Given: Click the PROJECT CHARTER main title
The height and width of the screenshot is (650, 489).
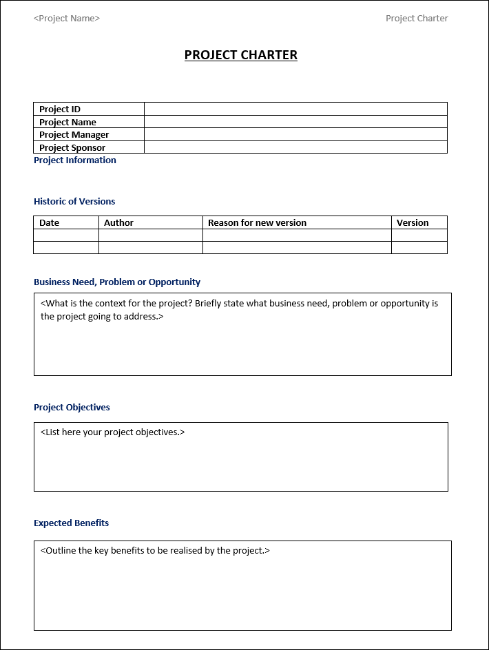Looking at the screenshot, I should pyautogui.click(x=240, y=55).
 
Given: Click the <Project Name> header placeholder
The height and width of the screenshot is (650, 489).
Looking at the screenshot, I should pyautogui.click(x=67, y=19).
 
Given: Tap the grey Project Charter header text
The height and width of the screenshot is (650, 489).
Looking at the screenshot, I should pyautogui.click(x=417, y=19).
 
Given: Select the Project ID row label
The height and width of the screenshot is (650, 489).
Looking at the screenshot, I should pyautogui.click(x=60, y=109).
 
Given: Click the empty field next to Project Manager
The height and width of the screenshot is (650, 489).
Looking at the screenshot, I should pyautogui.click(x=295, y=135).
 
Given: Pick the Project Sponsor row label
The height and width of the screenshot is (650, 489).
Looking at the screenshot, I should pyautogui.click(x=72, y=147).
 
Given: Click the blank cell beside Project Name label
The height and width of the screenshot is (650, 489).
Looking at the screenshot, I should pyautogui.click(x=295, y=122).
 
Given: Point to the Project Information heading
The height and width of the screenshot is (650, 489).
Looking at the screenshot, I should pyautogui.click(x=75, y=160).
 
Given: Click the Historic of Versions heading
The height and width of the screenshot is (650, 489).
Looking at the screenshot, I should pyautogui.click(x=74, y=202).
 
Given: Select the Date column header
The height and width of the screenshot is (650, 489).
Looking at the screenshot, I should pyautogui.click(x=50, y=222).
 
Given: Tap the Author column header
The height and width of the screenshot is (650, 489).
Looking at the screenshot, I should pyautogui.click(x=118, y=222).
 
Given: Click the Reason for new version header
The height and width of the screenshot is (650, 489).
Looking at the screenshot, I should pyautogui.click(x=257, y=222).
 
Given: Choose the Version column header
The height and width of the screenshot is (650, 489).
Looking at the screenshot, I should pyautogui.click(x=413, y=222).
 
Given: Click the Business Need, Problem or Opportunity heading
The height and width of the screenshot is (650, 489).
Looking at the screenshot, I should pyautogui.click(x=117, y=282).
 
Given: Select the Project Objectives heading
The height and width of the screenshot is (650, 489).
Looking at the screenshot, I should pyautogui.click(x=72, y=408).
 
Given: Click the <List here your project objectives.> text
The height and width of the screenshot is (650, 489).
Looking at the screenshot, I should pyautogui.click(x=113, y=432).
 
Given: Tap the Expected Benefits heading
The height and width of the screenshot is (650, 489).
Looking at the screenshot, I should pyautogui.click(x=72, y=523).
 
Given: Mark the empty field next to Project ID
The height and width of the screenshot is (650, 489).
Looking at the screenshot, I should pyautogui.click(x=295, y=109).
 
